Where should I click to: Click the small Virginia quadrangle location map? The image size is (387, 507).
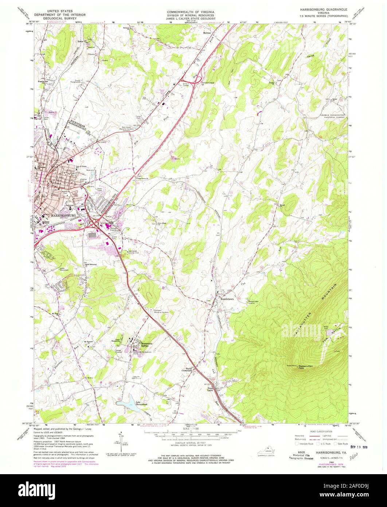(269, 451)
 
